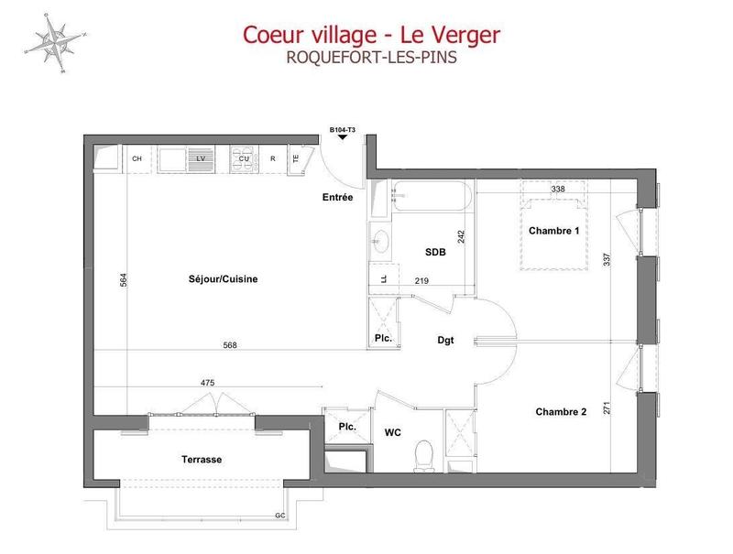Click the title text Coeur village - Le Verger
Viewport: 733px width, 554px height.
[371, 34]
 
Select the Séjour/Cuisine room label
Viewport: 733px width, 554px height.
[217, 280]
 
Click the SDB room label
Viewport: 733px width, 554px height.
[435, 253]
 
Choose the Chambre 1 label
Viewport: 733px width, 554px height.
[554, 231]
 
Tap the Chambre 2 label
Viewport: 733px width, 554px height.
[561, 412]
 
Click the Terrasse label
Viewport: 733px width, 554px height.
[202, 459]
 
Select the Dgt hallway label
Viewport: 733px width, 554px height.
[445, 341]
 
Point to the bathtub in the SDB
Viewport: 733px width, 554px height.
[431, 195]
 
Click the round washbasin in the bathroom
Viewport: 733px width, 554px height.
[381, 243]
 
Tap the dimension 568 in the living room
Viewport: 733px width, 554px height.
[231, 346]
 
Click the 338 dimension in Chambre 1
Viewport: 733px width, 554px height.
[557, 190]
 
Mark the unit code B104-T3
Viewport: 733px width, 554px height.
[342, 130]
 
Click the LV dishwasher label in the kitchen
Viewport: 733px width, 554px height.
[199, 158]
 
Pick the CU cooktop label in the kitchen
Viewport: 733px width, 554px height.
[245, 158]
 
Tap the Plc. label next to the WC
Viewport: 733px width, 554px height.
[347, 428]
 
